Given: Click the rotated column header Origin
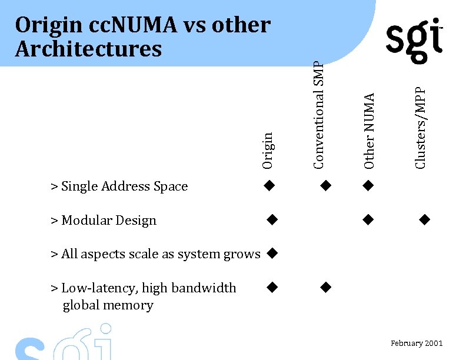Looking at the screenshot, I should pos(268,151).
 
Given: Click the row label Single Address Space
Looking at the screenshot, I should pos(119,186).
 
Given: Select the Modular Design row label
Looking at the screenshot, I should pos(104,221).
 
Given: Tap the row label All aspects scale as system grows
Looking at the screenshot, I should pos(155,254).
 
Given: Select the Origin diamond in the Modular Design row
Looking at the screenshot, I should pos(271,220).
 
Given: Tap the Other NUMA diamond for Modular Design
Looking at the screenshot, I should pos(368,220).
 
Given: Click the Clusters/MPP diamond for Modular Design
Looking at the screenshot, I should pos(424,220).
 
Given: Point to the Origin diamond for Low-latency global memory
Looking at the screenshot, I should pos(271,287).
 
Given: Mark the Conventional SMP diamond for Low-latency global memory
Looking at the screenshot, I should pos(325,287).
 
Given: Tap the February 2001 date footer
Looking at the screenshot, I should pos(416,344).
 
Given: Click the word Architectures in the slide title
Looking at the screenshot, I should pos(88,49).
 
